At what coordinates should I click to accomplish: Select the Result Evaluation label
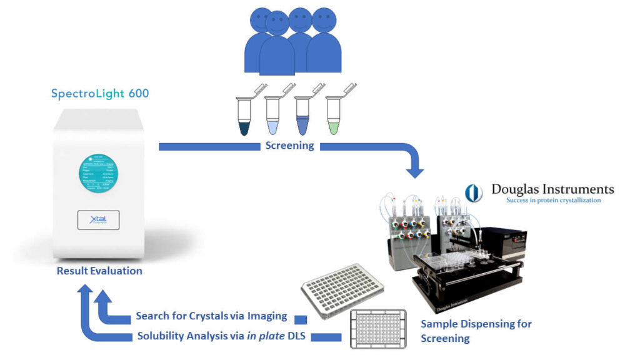(x=99, y=271)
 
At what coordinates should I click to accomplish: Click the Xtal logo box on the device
(x=98, y=220)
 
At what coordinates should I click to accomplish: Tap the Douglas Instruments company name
(x=552, y=189)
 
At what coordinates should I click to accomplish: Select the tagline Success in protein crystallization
(x=553, y=201)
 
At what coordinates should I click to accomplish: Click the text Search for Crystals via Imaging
(x=212, y=317)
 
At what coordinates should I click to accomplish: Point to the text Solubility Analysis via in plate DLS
(x=222, y=336)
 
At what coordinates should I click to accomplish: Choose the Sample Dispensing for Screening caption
(x=476, y=331)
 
